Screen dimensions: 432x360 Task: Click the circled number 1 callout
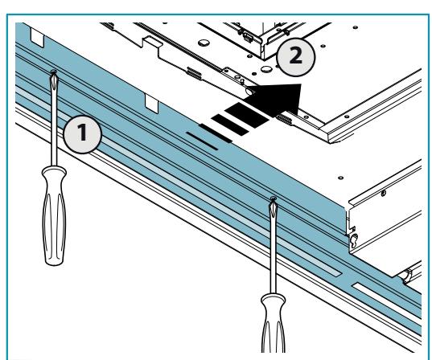coord(83,134)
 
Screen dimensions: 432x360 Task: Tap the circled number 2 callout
coord(295,57)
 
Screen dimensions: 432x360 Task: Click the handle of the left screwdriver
coord(54,215)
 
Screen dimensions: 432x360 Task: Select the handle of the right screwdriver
coord(273,323)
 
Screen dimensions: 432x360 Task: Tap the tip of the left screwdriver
coord(54,72)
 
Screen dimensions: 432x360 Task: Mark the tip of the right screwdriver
coord(273,198)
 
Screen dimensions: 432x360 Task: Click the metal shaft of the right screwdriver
coord(273,247)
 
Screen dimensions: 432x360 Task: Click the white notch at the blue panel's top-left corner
coord(37,37)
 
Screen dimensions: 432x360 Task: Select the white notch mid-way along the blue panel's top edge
coord(152,104)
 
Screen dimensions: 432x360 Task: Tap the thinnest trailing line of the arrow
coord(202,141)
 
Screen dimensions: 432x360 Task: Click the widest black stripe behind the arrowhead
coord(247,115)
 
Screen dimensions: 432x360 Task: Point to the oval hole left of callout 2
coord(266,68)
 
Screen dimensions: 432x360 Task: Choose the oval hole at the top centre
coord(204,43)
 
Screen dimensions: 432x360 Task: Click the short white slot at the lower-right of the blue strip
coord(386,297)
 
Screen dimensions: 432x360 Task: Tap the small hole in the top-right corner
coord(356,27)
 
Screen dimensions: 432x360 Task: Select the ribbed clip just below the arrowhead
coord(284,119)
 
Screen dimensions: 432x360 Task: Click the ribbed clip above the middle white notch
coord(194,73)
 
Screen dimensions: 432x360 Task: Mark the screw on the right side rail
coord(383,193)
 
